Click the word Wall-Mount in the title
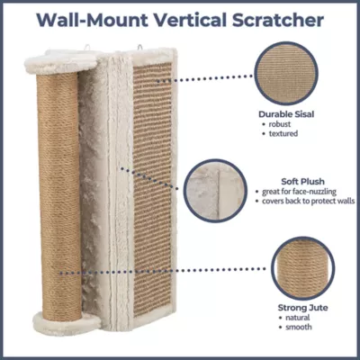[93, 20]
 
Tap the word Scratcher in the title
[278, 20]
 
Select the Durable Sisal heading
[286, 114]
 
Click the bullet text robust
[280, 124]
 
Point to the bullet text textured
[283, 133]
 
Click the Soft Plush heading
[302, 182]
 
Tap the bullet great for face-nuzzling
[299, 192]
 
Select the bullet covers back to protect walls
[309, 201]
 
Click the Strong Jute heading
[302, 308]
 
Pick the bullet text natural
[298, 318]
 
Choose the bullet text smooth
[299, 327]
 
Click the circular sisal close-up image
[286, 74]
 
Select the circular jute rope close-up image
[302, 268]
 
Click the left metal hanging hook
[87, 48]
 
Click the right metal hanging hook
[139, 48]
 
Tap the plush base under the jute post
[67, 323]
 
